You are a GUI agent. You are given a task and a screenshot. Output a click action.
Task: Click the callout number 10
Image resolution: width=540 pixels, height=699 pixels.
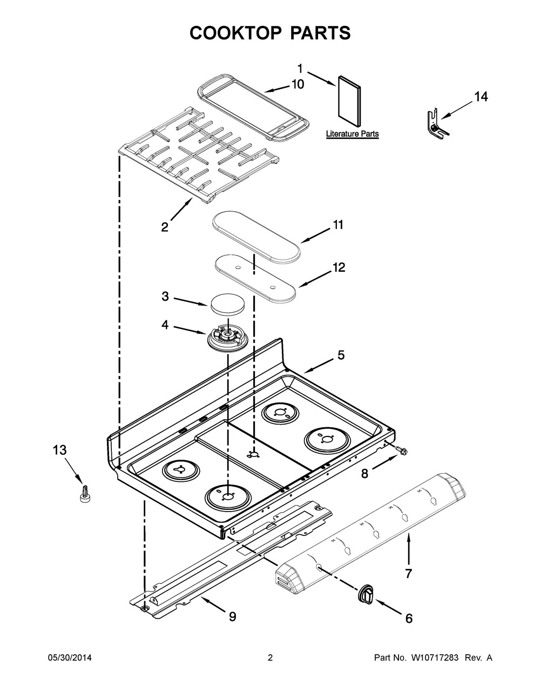(x=298, y=84)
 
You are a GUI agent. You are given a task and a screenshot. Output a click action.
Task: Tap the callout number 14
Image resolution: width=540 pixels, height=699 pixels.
(x=481, y=97)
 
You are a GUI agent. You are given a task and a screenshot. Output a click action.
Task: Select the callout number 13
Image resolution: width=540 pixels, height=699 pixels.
(x=60, y=449)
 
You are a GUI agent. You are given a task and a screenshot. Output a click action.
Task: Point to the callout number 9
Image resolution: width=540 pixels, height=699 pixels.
(x=232, y=616)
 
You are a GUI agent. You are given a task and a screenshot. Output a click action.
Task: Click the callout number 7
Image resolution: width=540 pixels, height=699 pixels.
(x=408, y=573)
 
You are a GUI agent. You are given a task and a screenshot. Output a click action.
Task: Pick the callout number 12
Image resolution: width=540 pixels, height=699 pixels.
(x=339, y=267)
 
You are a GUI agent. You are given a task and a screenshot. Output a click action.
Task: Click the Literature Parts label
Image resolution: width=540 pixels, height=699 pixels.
(x=352, y=133)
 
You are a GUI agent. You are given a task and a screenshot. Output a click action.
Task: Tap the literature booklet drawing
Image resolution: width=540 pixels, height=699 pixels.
(x=349, y=103)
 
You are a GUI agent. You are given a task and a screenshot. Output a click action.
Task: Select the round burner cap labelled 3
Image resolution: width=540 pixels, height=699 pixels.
(x=227, y=305)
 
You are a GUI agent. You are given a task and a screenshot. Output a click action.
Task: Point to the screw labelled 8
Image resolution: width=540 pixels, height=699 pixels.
(x=401, y=450)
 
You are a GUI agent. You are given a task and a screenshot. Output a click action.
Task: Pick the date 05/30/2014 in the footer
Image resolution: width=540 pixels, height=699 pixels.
(x=70, y=658)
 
